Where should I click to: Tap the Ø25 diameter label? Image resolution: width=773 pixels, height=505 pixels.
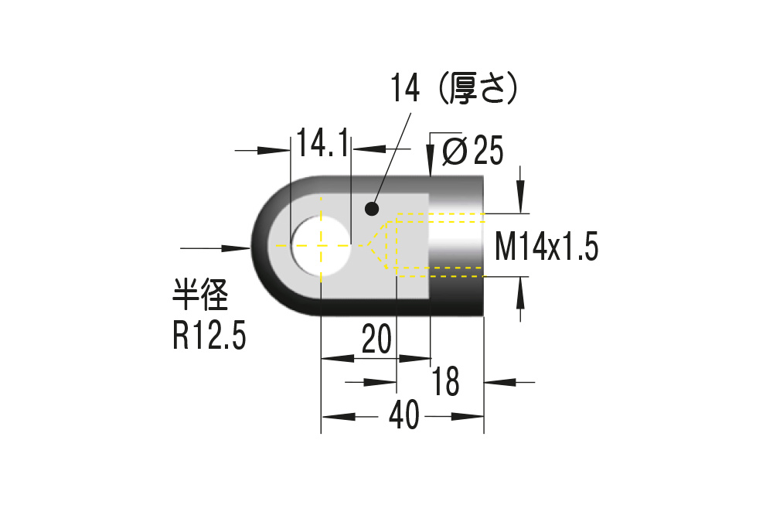[x=472, y=151]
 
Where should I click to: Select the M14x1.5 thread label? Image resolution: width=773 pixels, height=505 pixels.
[x=547, y=248]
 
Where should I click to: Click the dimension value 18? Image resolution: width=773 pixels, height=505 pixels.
[x=447, y=381]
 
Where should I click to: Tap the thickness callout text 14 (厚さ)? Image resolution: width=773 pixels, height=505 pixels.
[x=455, y=90]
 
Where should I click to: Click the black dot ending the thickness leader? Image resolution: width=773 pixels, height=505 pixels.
[x=373, y=208]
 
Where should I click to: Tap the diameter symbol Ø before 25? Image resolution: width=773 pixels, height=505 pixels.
[x=454, y=152]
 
